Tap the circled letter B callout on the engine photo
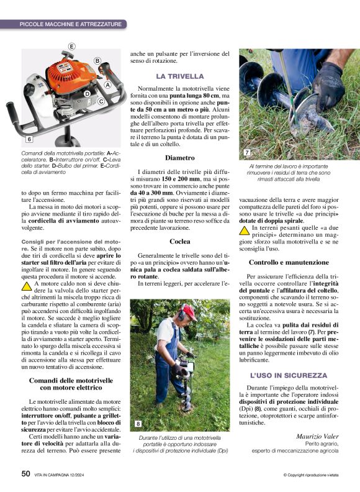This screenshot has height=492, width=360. [97, 60]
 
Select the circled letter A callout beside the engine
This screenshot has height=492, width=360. [107, 84]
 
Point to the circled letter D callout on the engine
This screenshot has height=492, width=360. [88, 94]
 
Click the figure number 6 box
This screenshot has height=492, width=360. [29, 139]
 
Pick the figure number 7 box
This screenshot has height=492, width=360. [246, 152]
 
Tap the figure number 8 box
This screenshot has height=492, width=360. [138, 424]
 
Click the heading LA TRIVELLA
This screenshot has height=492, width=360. [179, 76]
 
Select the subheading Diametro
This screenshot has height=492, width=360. [179, 158]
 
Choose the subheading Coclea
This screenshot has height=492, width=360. [179, 241]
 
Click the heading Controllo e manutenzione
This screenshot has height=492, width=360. [289, 262]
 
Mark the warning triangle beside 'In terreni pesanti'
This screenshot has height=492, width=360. [245, 230]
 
